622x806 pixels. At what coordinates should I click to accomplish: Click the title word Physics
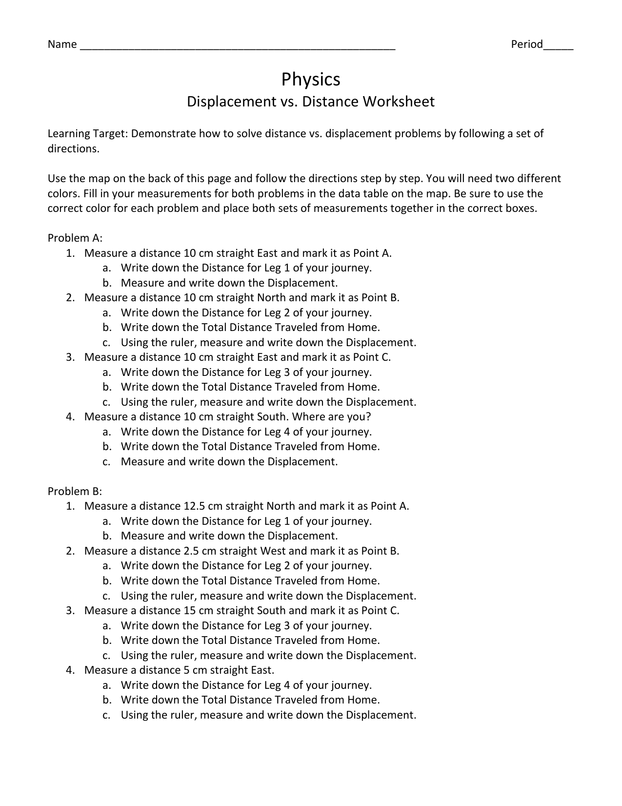311,80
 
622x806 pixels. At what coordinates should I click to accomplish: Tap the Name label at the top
62,44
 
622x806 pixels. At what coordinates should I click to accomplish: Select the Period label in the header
527,44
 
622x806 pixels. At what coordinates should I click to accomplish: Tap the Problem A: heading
75,238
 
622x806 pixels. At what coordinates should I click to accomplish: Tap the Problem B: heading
75,491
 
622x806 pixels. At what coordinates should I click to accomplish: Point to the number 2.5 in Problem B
189,551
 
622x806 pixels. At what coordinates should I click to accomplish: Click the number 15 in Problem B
190,611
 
